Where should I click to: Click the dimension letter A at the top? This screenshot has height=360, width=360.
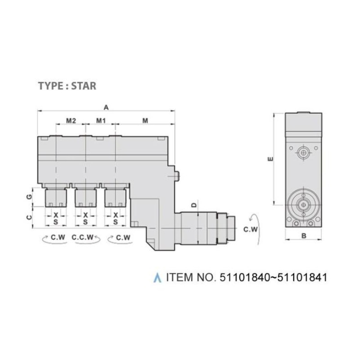point(106,107)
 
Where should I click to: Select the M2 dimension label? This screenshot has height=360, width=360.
point(71,121)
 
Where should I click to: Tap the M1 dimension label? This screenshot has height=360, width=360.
point(101,121)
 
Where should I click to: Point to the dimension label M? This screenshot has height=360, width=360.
point(145,121)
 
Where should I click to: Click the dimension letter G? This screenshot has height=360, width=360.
point(29,197)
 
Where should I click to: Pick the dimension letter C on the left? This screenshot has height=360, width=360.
point(29,217)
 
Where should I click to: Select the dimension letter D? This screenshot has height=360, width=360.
point(194,205)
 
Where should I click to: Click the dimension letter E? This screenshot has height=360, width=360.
point(271,159)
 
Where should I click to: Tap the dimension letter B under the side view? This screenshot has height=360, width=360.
point(303,236)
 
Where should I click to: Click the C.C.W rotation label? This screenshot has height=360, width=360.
point(83,237)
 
